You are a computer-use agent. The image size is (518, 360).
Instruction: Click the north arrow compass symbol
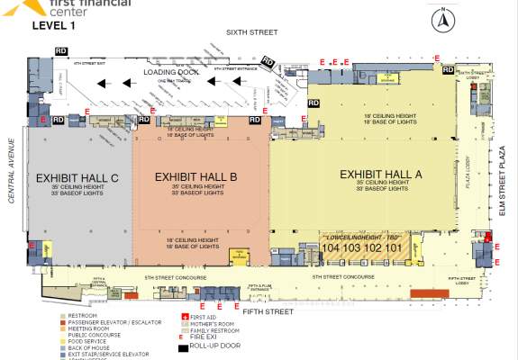click(443, 17)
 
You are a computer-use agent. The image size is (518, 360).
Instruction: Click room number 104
click(331, 247)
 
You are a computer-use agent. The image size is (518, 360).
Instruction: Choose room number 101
click(393, 247)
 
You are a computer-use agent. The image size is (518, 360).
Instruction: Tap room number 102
click(372, 247)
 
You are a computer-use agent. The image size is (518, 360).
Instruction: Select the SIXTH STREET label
click(250, 31)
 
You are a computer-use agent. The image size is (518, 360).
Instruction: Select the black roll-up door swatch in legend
click(183, 346)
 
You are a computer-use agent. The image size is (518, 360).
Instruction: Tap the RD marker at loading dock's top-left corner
click(61, 51)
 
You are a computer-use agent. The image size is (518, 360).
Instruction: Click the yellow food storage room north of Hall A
click(387, 79)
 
